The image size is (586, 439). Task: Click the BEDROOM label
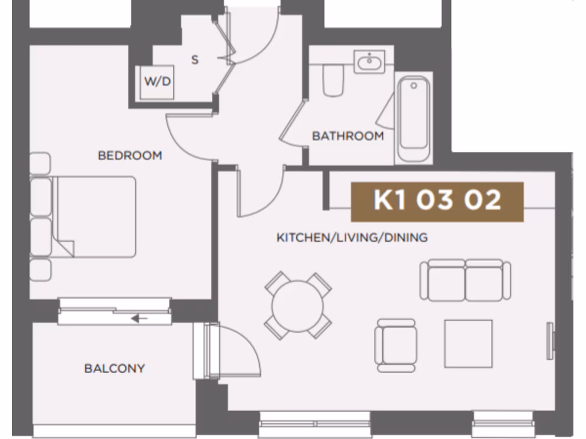coord(130,155)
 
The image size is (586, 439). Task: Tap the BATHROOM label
coord(347,136)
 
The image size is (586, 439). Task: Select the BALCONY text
coord(114,368)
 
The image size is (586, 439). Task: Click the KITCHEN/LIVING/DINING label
coord(352,237)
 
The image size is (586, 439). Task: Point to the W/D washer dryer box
coord(157,81)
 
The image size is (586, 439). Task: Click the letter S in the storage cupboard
coord(195,59)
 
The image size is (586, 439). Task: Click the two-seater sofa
coord(465,280)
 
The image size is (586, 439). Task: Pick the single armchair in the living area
coord(395,345)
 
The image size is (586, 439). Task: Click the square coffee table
coord(468,344)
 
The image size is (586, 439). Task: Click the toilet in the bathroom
coord(332,80)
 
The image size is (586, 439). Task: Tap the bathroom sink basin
coord(370,61)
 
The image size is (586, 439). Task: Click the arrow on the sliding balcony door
coord(139,318)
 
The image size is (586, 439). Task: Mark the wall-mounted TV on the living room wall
coord(551,341)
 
